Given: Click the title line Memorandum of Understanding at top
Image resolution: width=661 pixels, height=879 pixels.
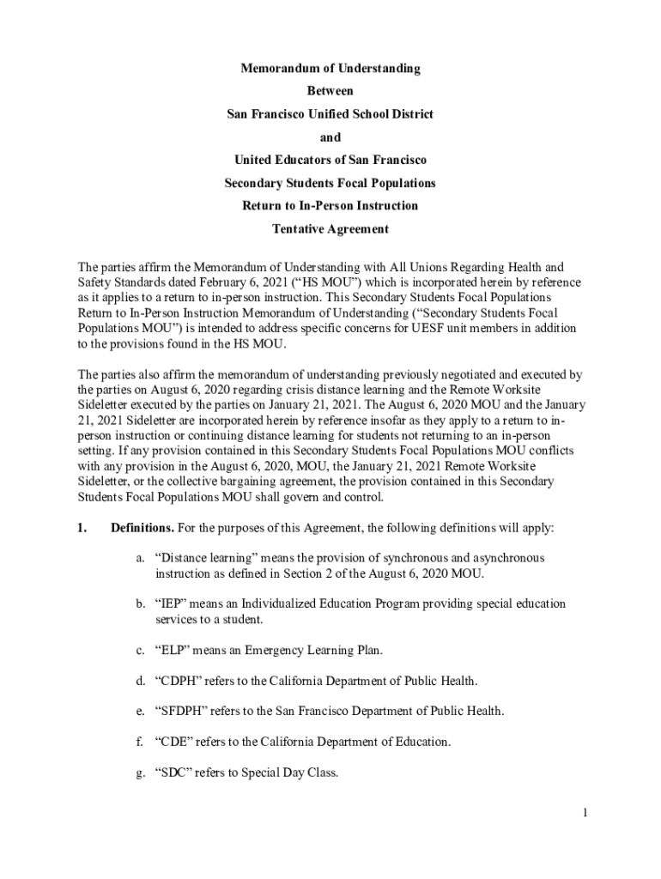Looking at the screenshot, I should coord(330,68).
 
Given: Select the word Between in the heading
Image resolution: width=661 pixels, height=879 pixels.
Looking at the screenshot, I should coord(330,91).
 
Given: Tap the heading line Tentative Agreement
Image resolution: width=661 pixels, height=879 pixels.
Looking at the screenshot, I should coord(330,229).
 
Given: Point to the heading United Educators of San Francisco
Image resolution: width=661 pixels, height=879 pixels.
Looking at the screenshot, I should coord(330,161).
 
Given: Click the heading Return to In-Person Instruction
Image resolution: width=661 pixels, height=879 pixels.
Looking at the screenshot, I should coord(330,206).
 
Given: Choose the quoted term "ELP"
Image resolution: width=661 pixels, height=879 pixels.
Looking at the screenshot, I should coord(172,651).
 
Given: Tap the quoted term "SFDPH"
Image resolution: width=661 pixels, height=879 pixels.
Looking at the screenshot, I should coord(179,711).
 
